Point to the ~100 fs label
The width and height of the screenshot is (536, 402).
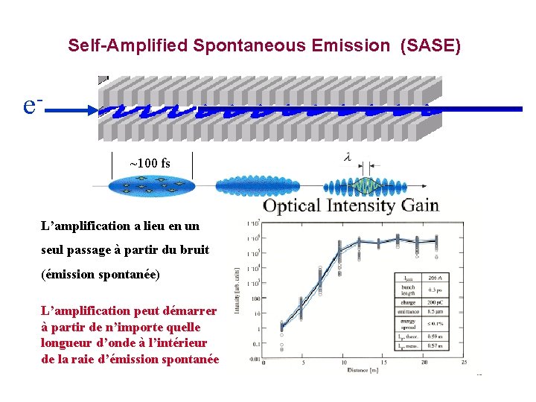(x=150, y=163)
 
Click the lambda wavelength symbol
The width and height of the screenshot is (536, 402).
(x=348, y=156)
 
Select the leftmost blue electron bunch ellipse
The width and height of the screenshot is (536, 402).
(x=152, y=187)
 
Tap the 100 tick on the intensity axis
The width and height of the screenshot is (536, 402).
(x=255, y=299)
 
